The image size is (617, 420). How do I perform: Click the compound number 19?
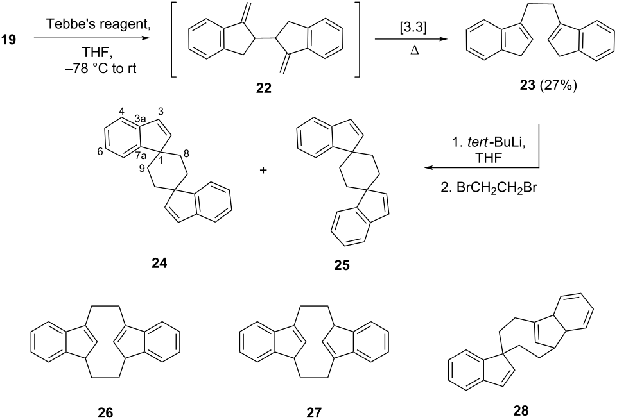(9, 39)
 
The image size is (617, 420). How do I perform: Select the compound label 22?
(263, 88)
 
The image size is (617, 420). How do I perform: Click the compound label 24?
(159, 264)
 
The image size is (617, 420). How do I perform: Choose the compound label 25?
(342, 265)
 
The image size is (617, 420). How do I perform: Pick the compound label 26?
(105, 412)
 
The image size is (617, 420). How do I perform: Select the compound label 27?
(313, 412)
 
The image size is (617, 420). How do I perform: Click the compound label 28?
(521, 410)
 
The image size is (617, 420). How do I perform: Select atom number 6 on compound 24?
(100, 152)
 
